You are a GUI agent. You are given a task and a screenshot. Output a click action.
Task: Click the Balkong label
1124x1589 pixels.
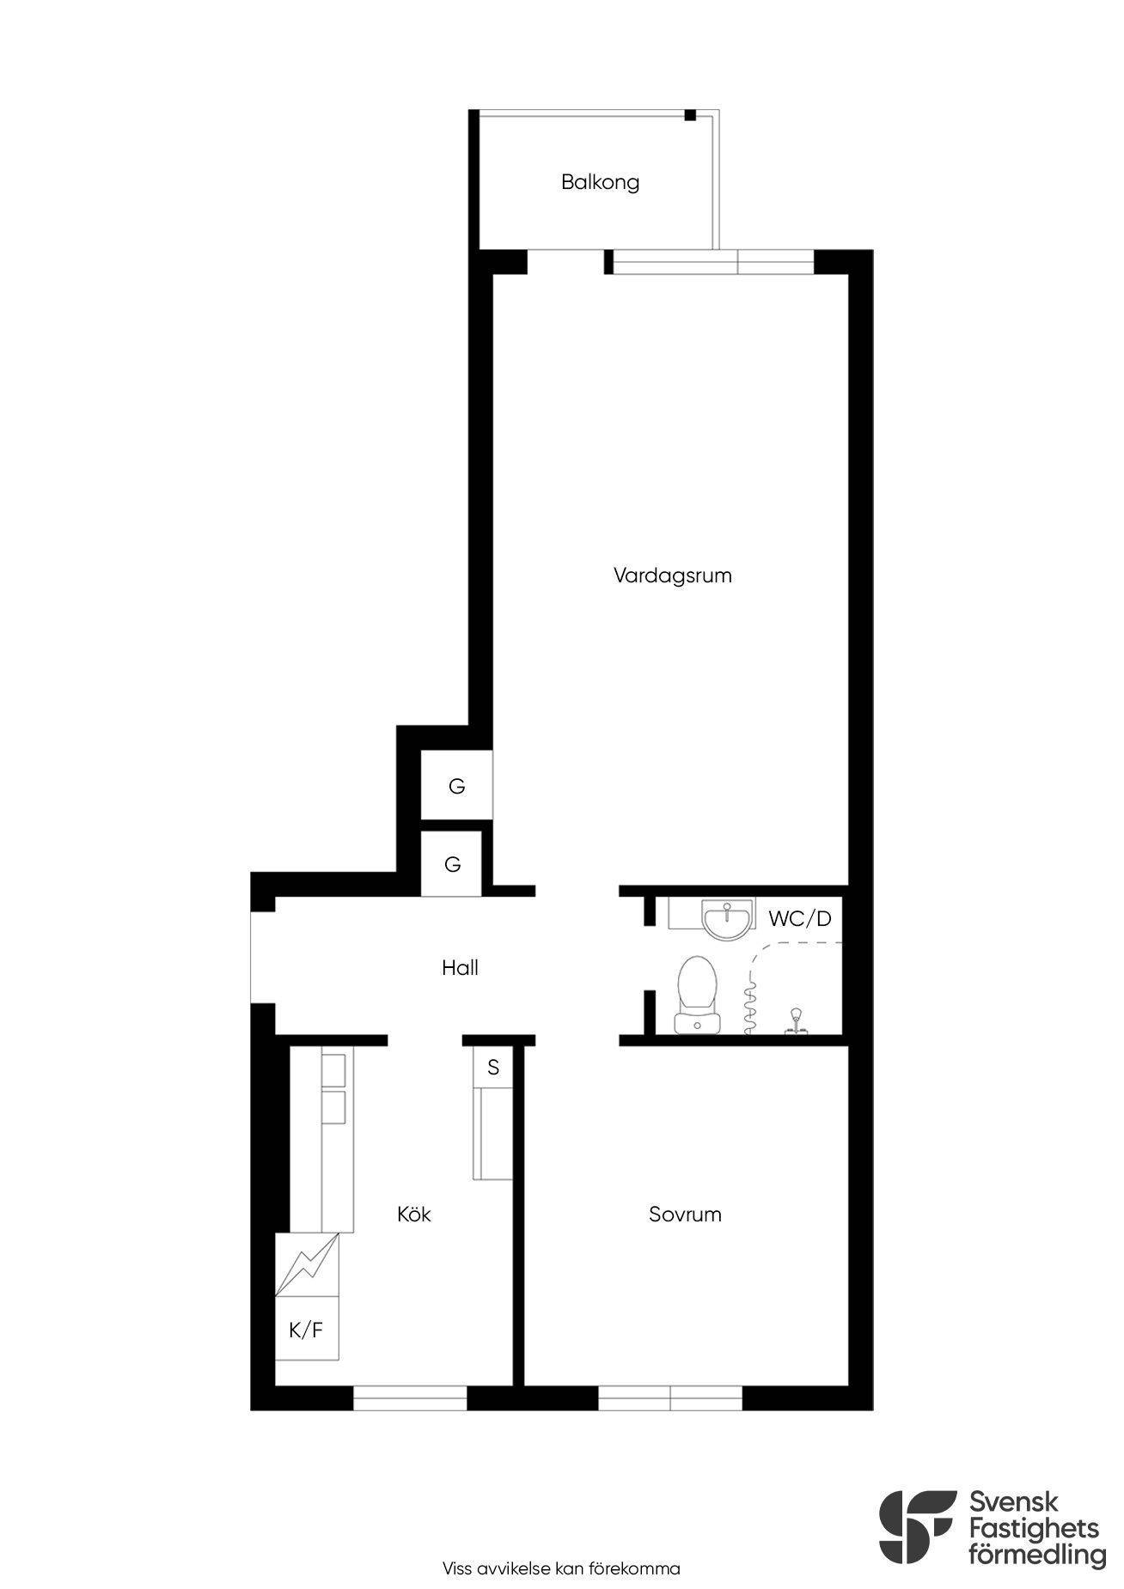tap(600, 183)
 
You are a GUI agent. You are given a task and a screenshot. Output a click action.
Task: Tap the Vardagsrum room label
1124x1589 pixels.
tap(672, 575)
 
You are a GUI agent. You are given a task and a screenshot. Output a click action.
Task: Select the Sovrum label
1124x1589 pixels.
tap(685, 1215)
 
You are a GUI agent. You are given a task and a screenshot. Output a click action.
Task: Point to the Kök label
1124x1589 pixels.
tap(414, 1214)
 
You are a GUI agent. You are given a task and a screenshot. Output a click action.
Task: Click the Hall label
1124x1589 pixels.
tap(460, 968)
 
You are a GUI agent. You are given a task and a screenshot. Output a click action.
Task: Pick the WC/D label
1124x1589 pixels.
tap(800, 918)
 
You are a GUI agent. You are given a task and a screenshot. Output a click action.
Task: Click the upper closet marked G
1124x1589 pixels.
tap(456, 785)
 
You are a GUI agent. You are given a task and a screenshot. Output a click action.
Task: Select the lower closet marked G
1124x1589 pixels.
tap(453, 864)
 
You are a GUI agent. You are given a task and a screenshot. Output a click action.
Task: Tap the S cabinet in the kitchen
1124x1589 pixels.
tap(493, 1067)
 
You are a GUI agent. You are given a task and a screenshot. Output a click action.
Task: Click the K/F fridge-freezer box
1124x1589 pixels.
tap(307, 1330)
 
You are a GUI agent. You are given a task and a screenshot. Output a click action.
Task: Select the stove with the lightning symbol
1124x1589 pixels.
tap(308, 1264)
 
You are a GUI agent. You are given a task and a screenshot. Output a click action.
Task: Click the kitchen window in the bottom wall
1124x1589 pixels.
tap(410, 1400)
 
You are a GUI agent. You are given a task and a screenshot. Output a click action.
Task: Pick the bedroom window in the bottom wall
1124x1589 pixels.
tap(670, 1400)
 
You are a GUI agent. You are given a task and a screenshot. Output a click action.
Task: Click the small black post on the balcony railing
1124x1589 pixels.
tap(690, 115)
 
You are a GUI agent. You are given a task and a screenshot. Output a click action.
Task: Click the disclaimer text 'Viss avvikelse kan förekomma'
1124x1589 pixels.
tap(561, 1544)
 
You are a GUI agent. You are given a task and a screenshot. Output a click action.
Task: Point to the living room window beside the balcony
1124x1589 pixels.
tap(713, 261)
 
